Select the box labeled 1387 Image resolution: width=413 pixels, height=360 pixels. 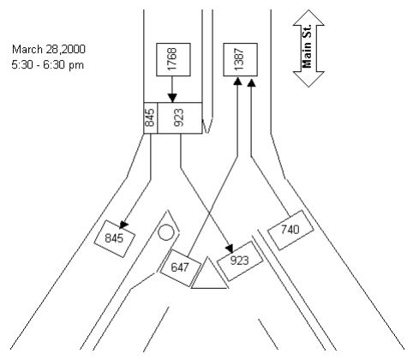(x=240, y=59)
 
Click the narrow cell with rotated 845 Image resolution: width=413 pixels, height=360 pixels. (x=150, y=117)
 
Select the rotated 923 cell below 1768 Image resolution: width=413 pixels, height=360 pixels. (x=179, y=117)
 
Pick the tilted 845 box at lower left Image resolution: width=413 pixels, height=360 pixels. (x=115, y=237)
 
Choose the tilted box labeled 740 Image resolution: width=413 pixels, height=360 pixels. (x=289, y=229)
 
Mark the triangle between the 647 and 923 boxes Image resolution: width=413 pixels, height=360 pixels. (x=209, y=276)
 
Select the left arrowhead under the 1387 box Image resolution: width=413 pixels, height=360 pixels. (x=236, y=82)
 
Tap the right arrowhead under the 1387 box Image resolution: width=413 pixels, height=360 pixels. (x=251, y=82)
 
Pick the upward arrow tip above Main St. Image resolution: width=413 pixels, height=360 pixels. (x=308, y=14)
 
